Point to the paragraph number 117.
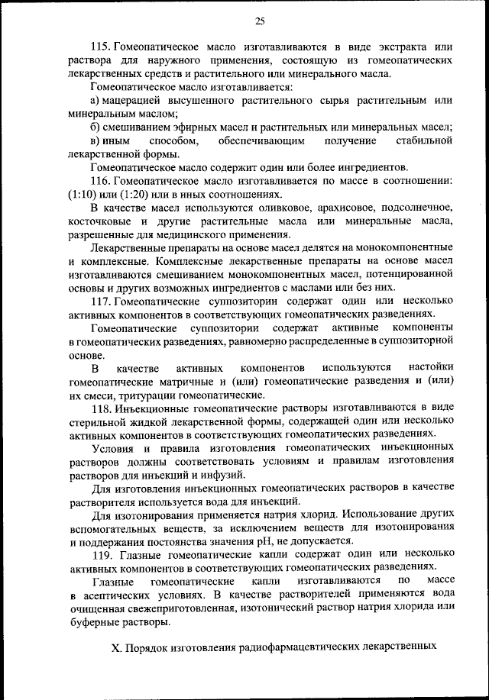[99, 299]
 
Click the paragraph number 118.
[99, 408]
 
